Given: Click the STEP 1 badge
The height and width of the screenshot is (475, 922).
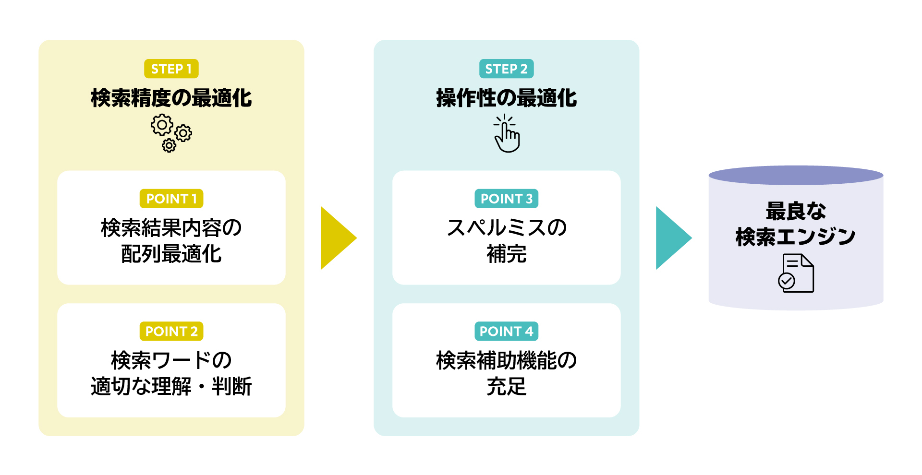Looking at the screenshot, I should click(171, 69).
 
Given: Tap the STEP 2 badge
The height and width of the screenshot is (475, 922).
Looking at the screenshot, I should click(506, 69).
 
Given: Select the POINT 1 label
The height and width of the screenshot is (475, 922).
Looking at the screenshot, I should click(171, 199).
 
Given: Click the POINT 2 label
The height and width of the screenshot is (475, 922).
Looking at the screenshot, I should click(171, 331).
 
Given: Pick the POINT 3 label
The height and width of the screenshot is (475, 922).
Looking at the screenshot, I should click(506, 199).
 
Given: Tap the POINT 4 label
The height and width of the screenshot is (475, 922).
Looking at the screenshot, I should click(506, 331).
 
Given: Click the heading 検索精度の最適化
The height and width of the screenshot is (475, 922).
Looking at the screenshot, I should click(171, 98).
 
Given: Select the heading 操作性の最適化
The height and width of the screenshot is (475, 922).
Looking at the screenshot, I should click(506, 98).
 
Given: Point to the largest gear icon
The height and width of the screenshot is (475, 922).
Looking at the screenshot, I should click(162, 125).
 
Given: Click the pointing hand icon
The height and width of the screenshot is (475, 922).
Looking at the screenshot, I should click(507, 135).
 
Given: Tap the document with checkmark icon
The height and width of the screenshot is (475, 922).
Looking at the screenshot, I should click(796, 273).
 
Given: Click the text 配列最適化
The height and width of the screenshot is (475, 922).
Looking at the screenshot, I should click(171, 254).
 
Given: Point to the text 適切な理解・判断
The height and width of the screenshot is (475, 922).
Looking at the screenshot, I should click(171, 386).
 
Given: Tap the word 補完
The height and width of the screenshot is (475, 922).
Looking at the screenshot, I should click(506, 254).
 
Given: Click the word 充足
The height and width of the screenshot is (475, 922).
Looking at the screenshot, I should click(506, 386).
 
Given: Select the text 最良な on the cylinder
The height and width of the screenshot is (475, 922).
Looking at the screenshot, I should click(796, 211).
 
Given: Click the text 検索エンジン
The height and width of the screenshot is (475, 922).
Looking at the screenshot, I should click(796, 237).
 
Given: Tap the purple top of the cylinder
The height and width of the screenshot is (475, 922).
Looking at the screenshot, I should click(796, 175).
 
